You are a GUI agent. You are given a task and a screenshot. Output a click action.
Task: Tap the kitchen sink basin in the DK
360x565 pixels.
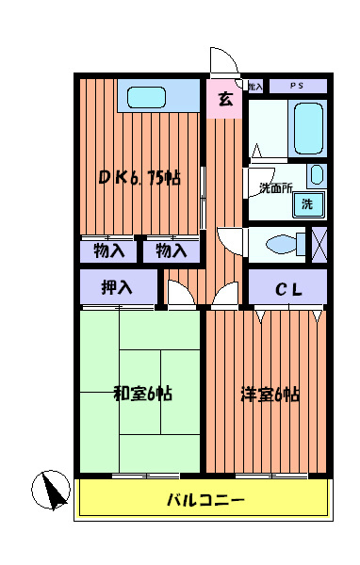147,96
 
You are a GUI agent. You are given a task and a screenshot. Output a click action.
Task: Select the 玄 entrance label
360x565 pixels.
225,99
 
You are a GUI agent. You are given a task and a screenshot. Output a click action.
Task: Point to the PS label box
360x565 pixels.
297,86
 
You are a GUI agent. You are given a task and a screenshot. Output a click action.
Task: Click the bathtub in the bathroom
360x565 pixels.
308,128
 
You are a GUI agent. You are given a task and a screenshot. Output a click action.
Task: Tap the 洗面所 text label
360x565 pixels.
275,187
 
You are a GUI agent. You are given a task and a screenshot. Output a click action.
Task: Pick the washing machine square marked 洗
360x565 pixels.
307,203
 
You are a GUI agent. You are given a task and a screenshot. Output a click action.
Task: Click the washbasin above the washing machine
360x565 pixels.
316,175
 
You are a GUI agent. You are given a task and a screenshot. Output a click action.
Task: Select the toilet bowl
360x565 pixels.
282,244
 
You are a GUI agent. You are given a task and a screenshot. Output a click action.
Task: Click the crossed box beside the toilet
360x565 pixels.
319,243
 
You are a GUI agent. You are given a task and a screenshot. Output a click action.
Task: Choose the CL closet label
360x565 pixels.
287,289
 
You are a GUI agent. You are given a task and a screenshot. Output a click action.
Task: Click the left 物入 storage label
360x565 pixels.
109,250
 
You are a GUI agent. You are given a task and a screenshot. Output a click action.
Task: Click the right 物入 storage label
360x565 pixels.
171,250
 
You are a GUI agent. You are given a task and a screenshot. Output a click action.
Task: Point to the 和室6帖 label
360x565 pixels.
142,394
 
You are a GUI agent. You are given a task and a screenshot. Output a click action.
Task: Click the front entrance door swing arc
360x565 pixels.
224,59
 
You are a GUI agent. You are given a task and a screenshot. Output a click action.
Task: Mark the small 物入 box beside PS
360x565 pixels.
255,86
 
